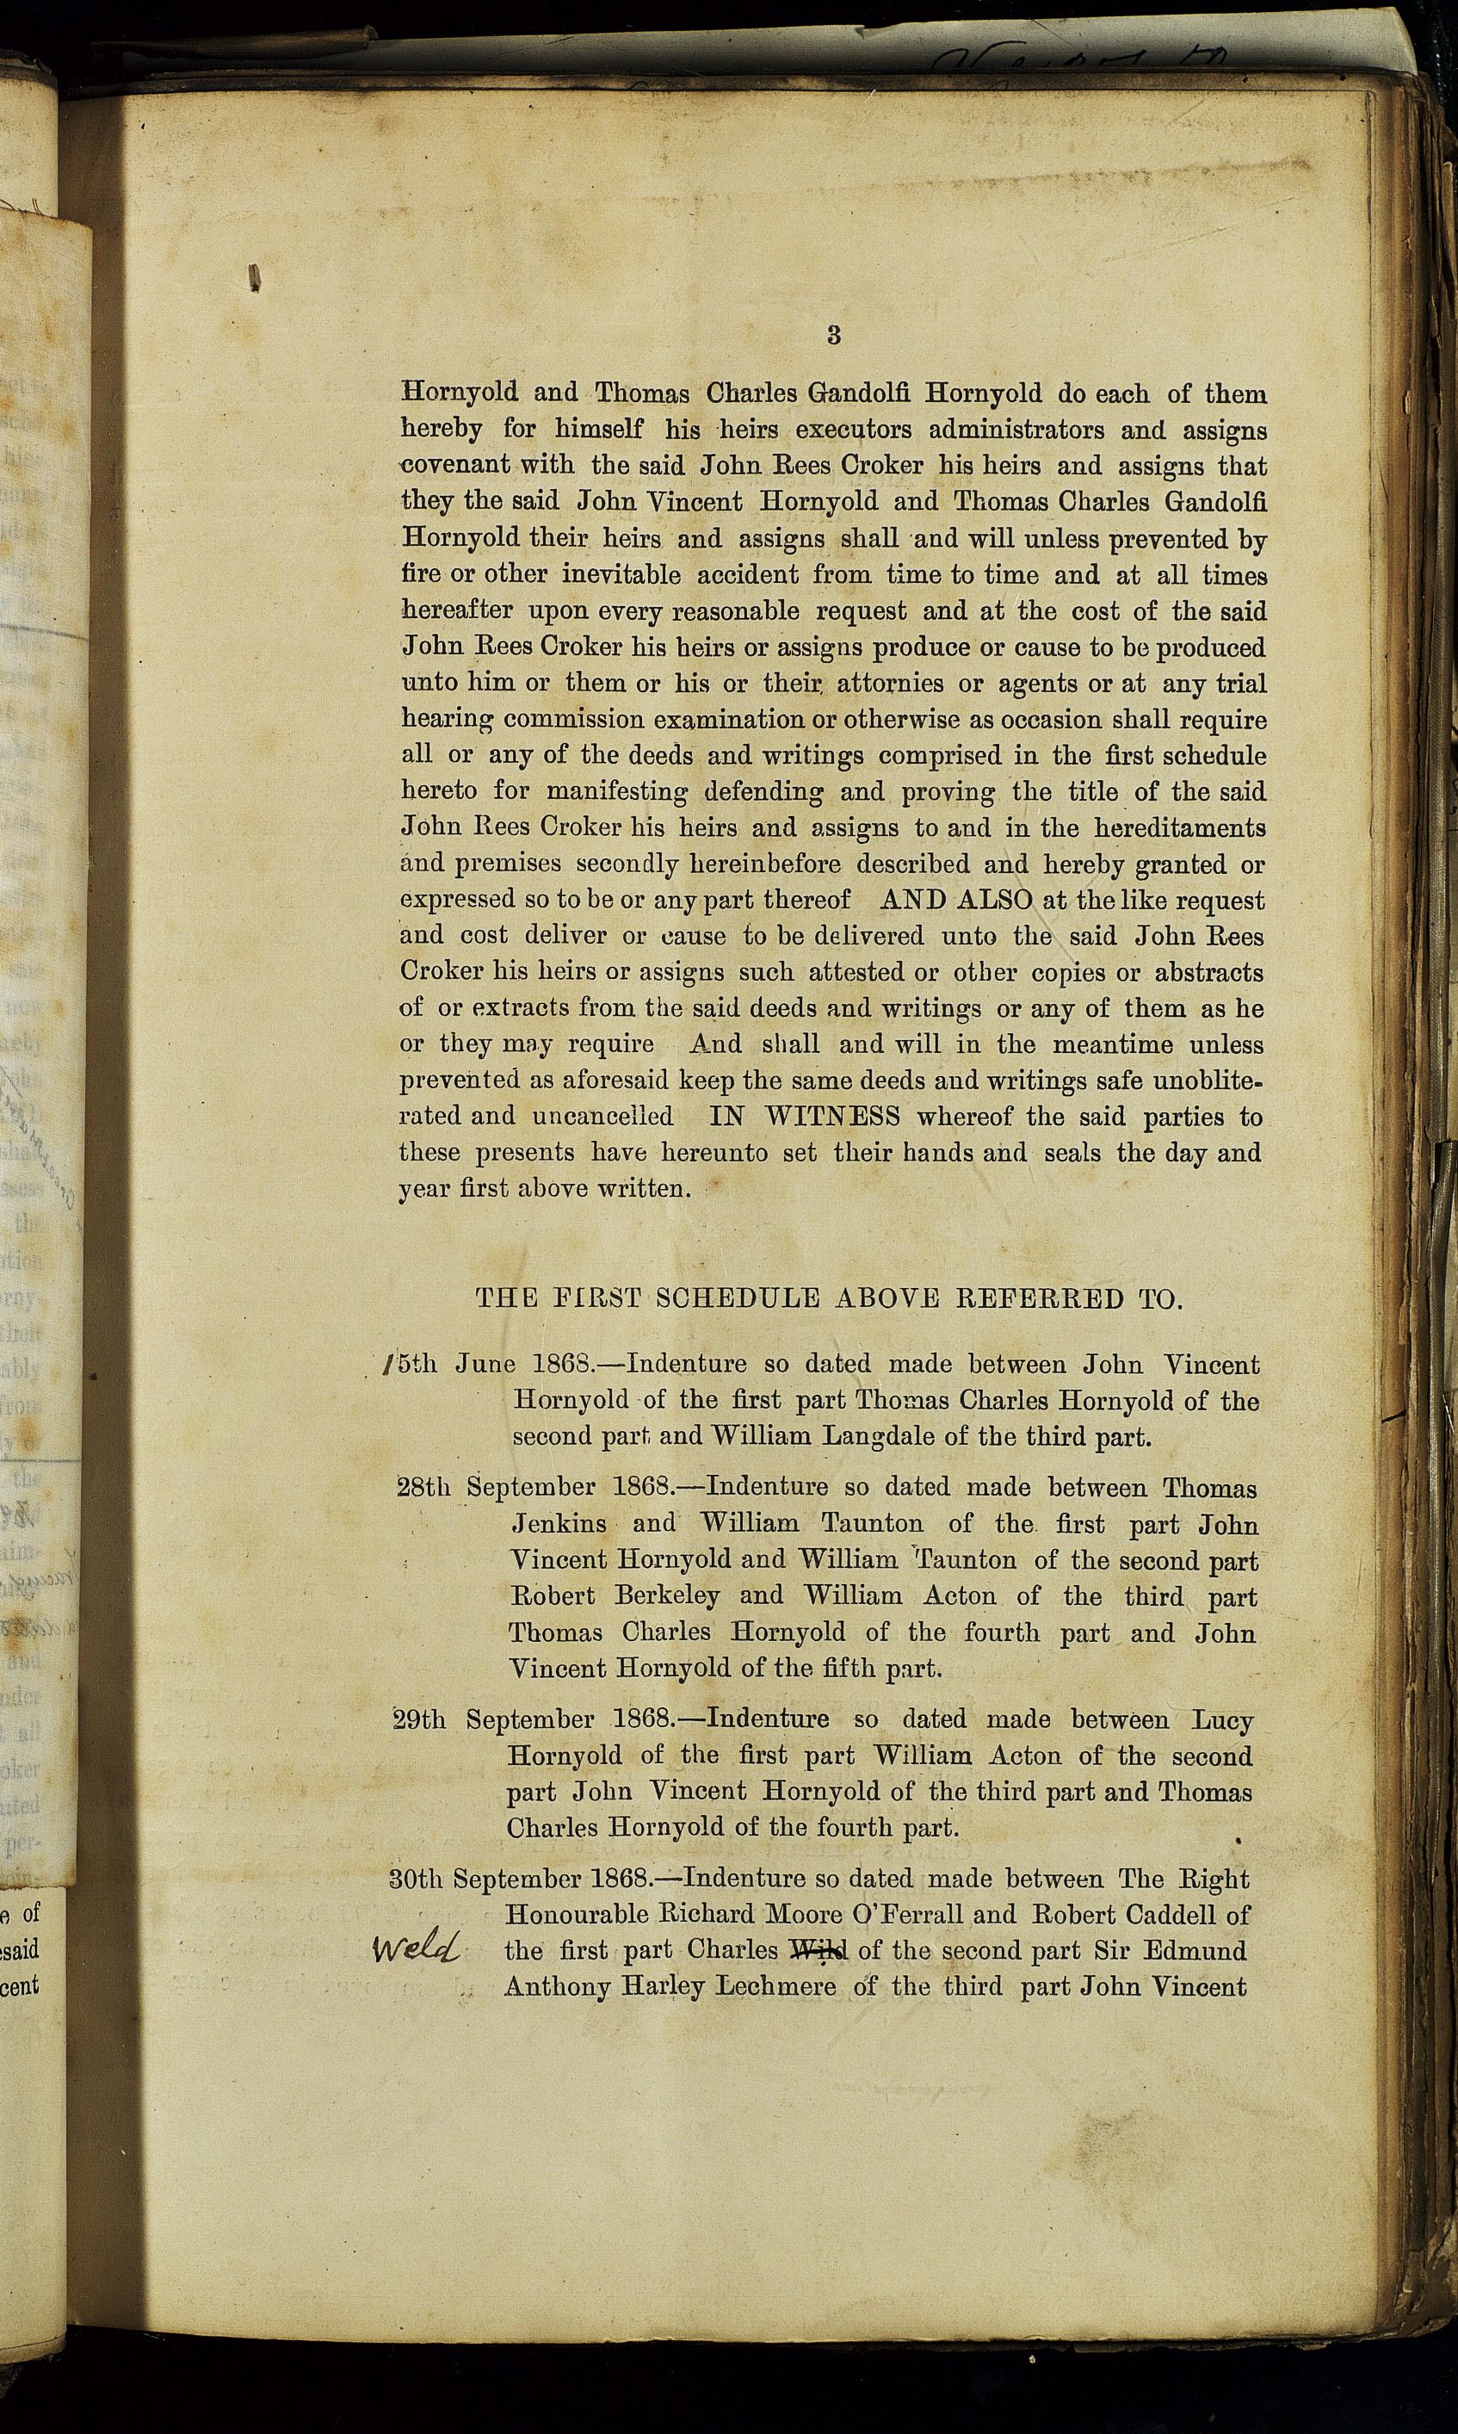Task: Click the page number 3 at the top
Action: click(x=833, y=335)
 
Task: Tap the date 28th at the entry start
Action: click(x=423, y=1488)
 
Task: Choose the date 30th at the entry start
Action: click(x=417, y=1879)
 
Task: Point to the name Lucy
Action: click(x=1222, y=1719)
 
